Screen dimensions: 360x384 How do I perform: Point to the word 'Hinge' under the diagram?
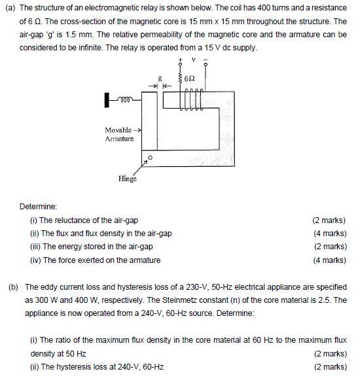128,177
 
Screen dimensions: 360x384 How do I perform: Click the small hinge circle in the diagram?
150,157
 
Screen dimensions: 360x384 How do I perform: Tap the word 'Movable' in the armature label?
118,130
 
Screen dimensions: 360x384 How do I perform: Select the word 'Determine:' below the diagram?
38,207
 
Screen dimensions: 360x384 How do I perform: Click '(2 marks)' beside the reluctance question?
329,220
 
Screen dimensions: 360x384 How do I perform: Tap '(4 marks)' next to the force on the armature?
329,260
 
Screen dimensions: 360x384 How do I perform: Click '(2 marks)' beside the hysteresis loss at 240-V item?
329,367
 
